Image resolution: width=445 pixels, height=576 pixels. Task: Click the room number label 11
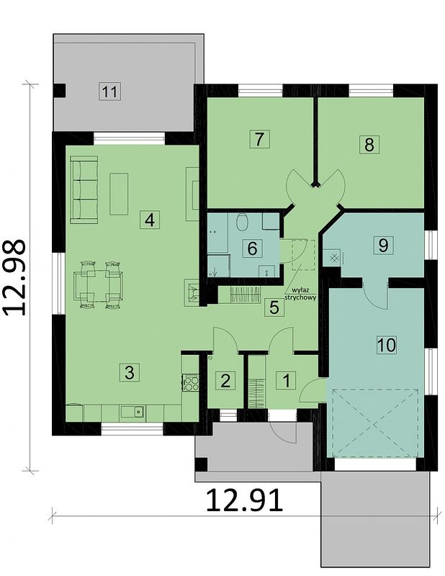[109, 91]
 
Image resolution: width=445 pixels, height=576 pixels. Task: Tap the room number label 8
[369, 144]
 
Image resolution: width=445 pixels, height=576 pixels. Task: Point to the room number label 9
[383, 244]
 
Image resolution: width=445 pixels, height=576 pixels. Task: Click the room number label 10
[386, 345]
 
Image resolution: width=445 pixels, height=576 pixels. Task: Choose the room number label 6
[252, 249]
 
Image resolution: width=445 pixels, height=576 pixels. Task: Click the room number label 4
[149, 220]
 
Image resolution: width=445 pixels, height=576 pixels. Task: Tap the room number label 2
[225, 380]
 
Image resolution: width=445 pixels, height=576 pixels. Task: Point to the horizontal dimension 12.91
[244, 499]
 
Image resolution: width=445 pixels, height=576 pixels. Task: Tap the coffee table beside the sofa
[118, 193]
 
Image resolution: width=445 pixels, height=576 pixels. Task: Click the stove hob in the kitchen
[190, 382]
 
